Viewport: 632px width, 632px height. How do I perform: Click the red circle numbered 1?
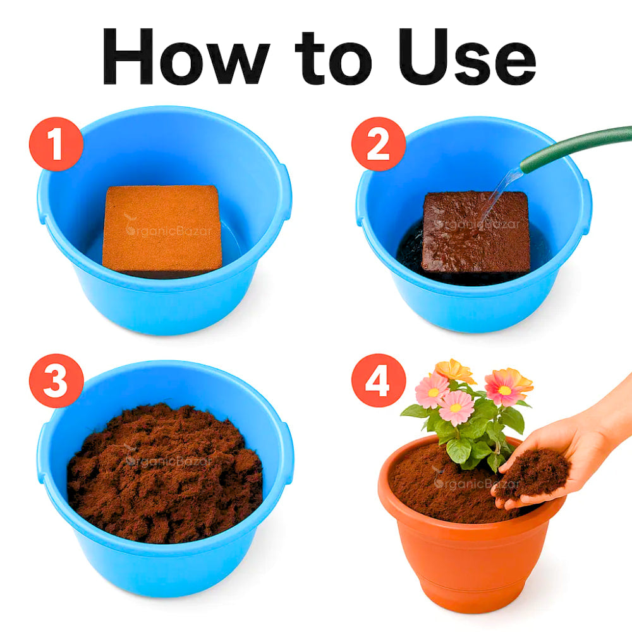[56, 143]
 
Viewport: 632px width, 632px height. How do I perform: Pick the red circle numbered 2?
[378, 143]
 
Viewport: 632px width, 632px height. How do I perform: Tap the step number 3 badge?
[56, 380]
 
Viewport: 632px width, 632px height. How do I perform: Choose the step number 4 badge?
[378, 380]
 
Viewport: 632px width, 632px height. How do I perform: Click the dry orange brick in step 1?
[162, 228]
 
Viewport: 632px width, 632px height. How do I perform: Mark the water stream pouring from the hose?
[499, 190]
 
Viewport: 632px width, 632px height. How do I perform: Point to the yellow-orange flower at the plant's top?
[454, 370]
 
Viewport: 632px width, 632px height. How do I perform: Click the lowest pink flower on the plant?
[456, 408]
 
